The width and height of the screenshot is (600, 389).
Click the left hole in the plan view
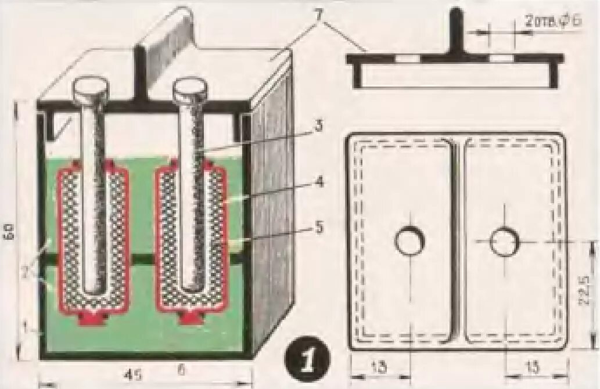[x=409, y=241]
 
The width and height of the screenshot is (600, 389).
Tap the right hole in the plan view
[x=504, y=241]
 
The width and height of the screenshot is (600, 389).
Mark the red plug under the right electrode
[x=191, y=318]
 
